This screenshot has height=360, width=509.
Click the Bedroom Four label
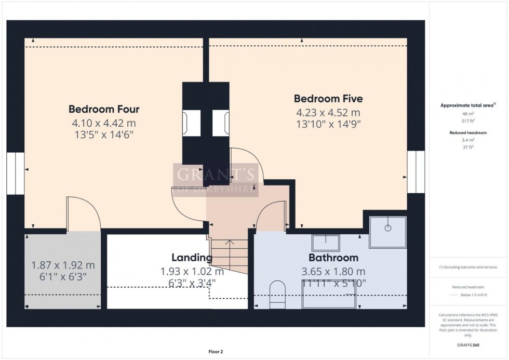point(104,109)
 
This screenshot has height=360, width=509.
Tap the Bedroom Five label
point(328,99)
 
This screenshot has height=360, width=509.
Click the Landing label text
point(192,258)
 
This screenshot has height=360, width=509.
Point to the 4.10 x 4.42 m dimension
point(104,123)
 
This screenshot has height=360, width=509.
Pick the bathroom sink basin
point(326,243)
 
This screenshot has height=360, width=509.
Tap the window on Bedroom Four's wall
point(16,173)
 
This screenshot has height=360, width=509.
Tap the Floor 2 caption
point(215,352)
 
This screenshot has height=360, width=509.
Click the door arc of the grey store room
point(84,214)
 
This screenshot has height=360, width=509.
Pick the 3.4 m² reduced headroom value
point(468,140)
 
